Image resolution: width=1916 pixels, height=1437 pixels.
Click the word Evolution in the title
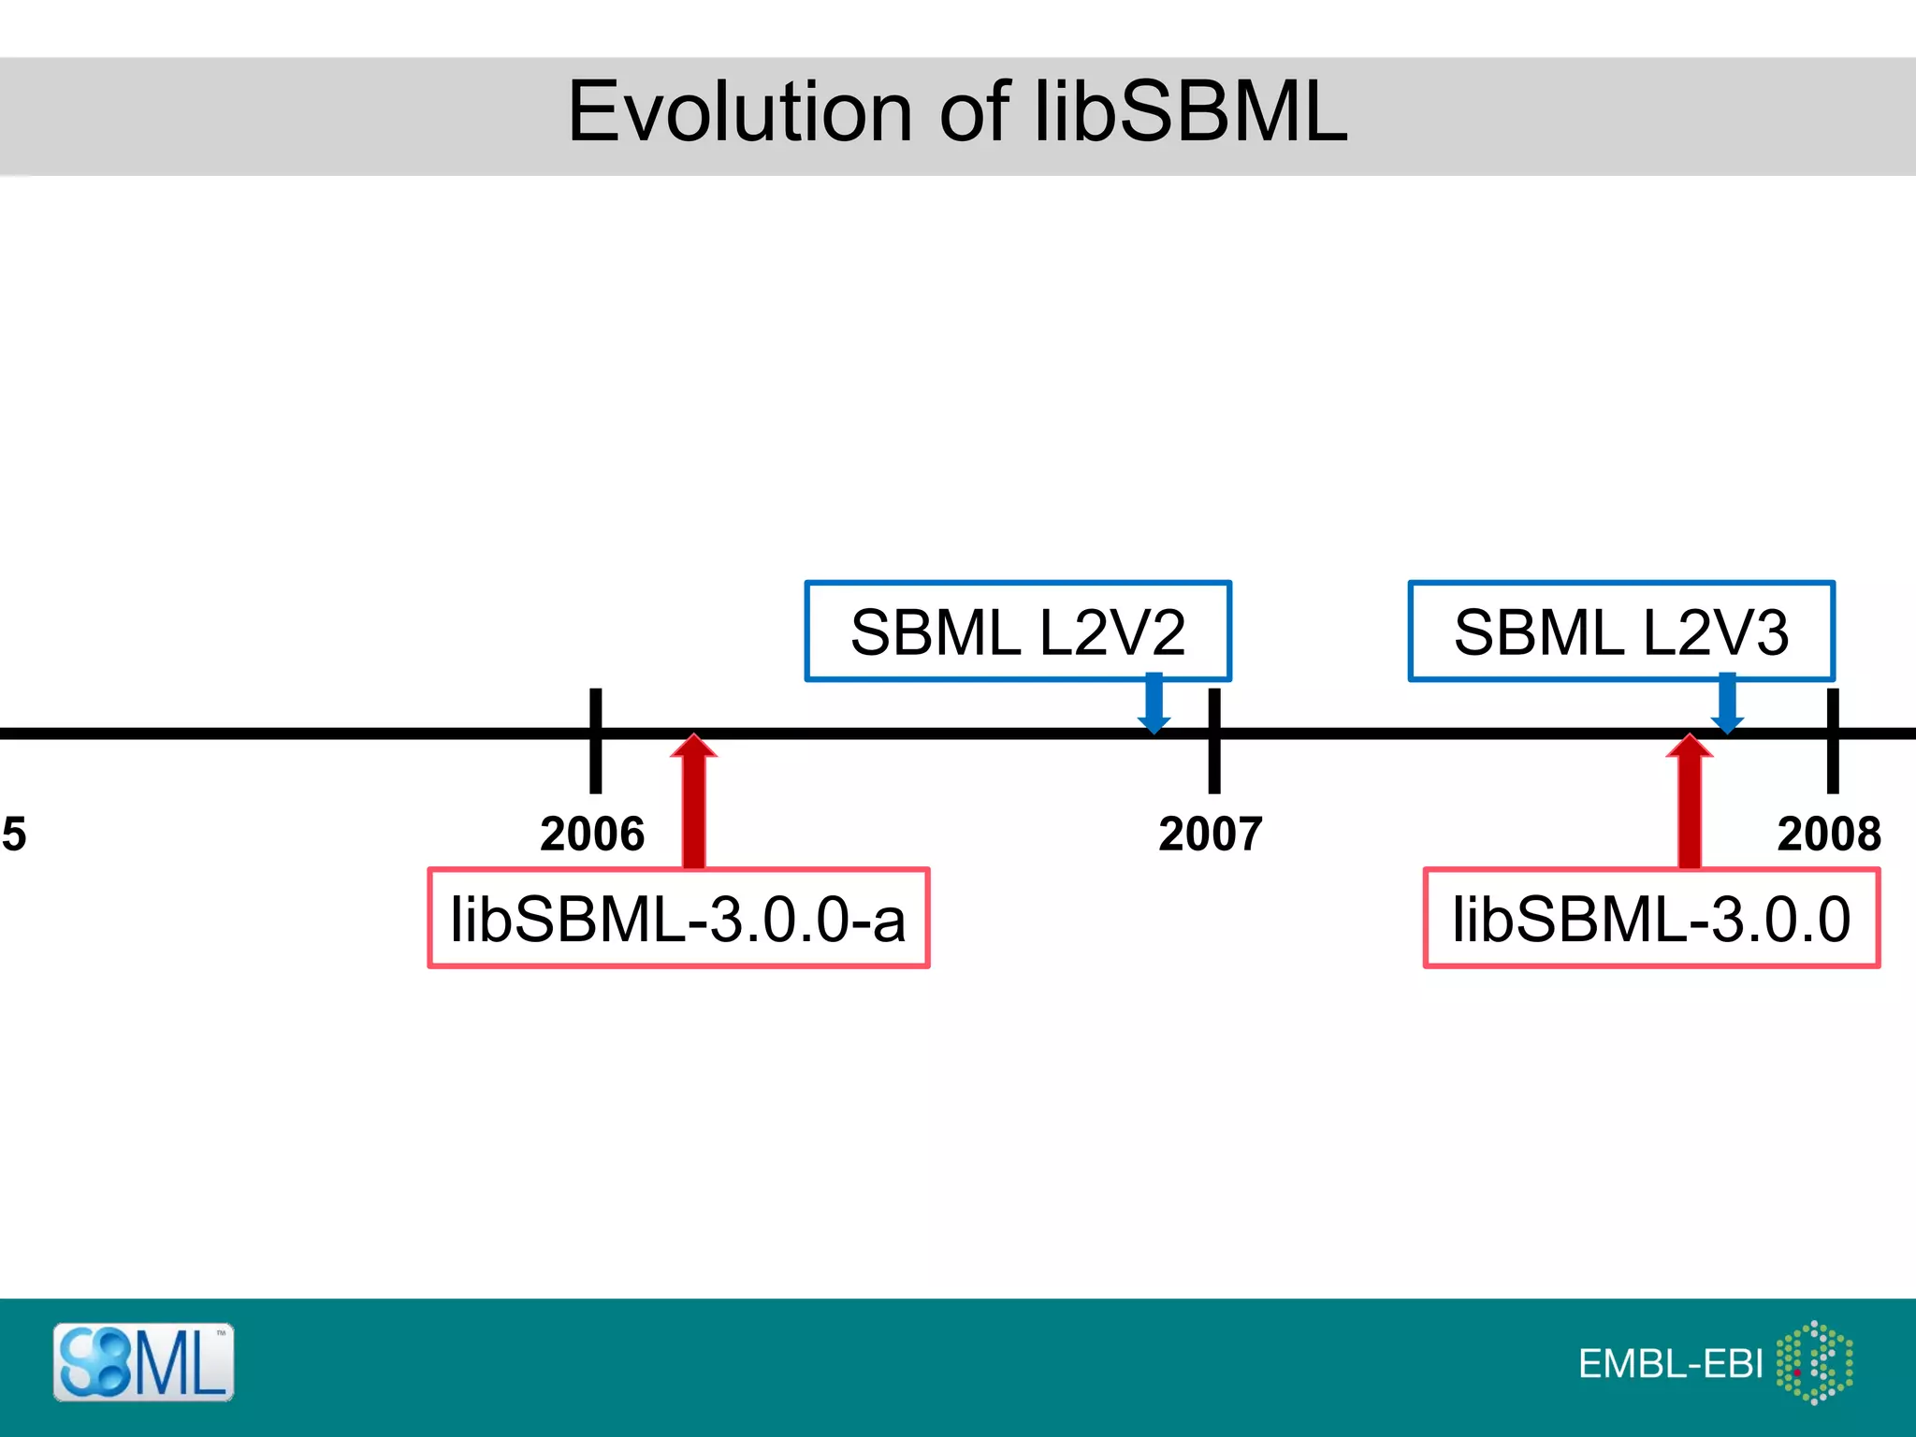click(x=739, y=112)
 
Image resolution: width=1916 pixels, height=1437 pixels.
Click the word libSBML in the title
click(x=1190, y=112)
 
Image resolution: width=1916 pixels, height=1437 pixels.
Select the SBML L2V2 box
click(x=1017, y=631)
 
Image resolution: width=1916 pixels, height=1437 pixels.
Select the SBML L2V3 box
click(x=1620, y=631)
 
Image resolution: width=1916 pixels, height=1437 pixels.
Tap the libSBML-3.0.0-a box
click(x=678, y=919)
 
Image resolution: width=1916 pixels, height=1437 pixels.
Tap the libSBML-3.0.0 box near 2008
click(x=1651, y=919)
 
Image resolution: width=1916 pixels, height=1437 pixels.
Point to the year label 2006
click(x=592, y=834)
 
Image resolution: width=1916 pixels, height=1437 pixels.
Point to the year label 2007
click(x=1211, y=834)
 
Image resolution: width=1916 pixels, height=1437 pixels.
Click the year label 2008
click(x=1829, y=834)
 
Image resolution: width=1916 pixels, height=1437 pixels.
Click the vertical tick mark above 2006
click(x=595, y=741)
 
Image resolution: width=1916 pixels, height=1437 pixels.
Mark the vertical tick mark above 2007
click(x=1213, y=741)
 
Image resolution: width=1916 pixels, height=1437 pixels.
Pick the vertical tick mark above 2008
click(x=1833, y=741)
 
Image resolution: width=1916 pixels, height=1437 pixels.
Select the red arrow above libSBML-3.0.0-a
click(x=693, y=803)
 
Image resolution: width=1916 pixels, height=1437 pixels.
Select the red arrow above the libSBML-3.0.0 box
click(x=1689, y=803)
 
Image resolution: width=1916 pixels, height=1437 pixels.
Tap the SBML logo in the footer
click(x=143, y=1362)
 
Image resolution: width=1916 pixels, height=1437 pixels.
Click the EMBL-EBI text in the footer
click(x=1670, y=1364)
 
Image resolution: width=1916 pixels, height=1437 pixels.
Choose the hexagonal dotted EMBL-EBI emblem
click(x=1814, y=1362)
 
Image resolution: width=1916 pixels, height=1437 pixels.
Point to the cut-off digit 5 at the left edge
click(x=13, y=834)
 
